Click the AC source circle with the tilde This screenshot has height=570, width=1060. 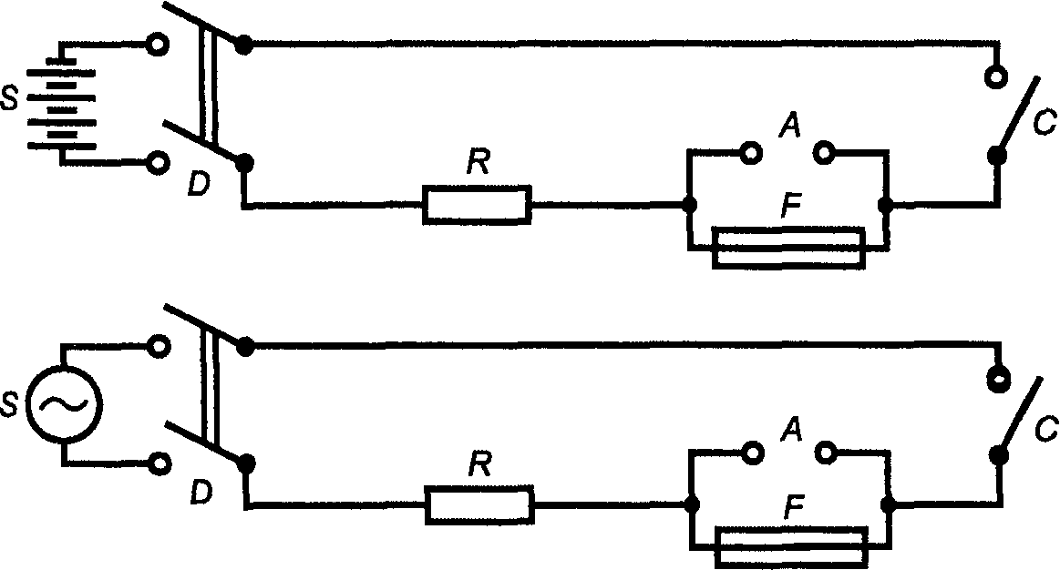pos(64,404)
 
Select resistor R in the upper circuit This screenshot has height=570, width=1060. pos(477,204)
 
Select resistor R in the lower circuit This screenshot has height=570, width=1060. pos(479,504)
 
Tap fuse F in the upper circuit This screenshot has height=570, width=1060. pos(788,249)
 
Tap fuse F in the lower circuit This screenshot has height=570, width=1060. pos(792,547)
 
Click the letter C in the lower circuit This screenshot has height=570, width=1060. pos(1045,430)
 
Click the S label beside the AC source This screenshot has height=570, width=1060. pos(9,405)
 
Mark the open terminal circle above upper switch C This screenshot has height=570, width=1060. pos(996,76)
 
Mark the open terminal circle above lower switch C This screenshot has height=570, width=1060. pos(997,378)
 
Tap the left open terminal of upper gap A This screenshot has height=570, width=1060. pos(750,153)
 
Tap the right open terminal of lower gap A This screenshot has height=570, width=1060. pos(826,453)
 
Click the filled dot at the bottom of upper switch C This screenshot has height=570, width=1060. pos(997,156)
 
